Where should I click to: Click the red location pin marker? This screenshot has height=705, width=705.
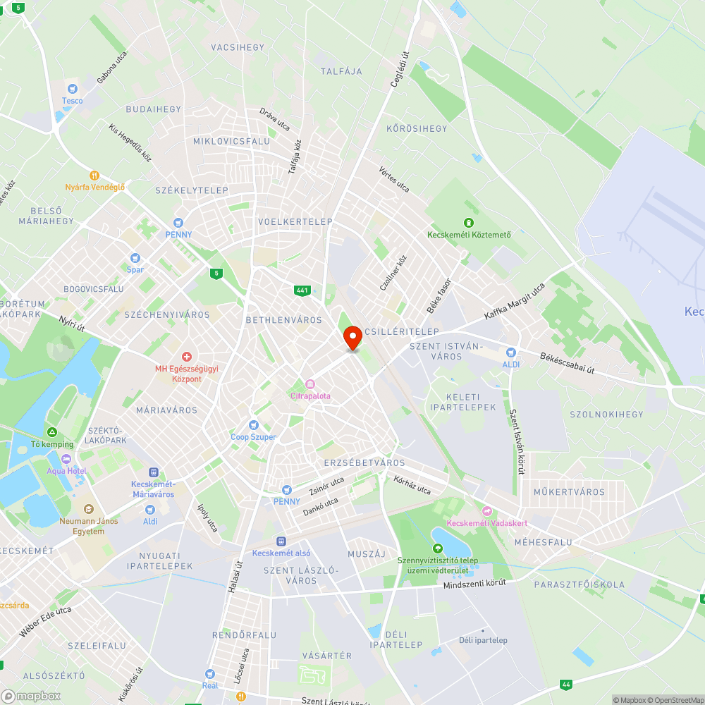click(352, 338)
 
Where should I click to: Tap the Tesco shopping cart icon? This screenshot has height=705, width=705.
click(71, 89)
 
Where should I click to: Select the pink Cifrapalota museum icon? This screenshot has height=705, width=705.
click(310, 384)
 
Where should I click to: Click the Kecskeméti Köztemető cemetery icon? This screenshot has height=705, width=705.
click(469, 223)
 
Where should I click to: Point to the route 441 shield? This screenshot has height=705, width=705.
click(302, 290)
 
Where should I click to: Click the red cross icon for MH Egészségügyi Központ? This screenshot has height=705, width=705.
click(188, 357)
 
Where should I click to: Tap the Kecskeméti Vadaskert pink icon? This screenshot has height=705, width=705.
click(486, 510)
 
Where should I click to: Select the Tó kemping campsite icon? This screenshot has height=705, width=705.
click(51, 432)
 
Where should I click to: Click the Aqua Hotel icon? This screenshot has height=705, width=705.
click(66, 459)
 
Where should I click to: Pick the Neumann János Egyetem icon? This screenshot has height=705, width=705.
click(87, 509)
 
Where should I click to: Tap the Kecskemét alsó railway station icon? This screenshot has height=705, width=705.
click(281, 541)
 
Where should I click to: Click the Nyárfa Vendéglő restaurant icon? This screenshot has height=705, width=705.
click(94, 175)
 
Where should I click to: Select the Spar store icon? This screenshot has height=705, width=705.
click(135, 258)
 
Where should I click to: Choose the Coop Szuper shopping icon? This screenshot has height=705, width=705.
click(254, 425)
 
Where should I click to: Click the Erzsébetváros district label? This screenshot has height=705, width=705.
click(364, 462)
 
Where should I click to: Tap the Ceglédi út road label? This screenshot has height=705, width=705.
click(400, 68)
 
